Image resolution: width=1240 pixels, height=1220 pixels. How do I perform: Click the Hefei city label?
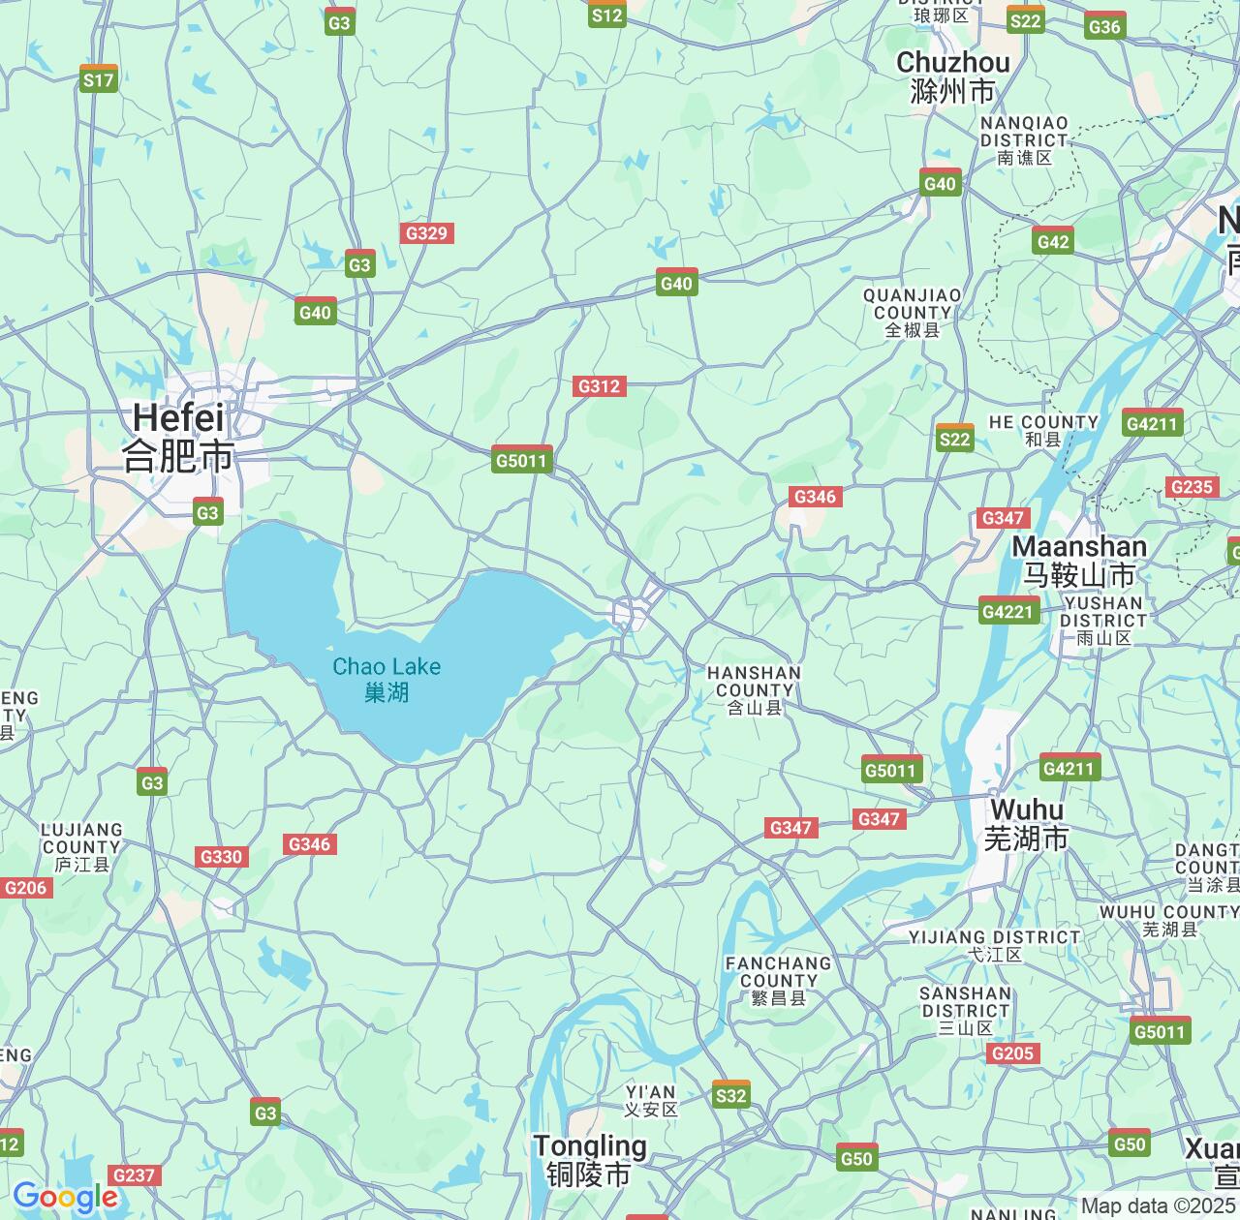pyautogui.click(x=178, y=436)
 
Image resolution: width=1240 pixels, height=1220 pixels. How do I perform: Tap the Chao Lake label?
pyautogui.click(x=387, y=679)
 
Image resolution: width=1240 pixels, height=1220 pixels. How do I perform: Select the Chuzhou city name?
pyautogui.click(x=953, y=76)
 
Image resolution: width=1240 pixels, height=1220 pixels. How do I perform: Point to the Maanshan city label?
pyautogui.click(x=1079, y=561)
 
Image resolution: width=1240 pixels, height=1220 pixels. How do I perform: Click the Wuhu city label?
pyautogui.click(x=1027, y=824)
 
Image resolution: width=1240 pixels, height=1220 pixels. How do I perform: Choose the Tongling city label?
pyautogui.click(x=590, y=1160)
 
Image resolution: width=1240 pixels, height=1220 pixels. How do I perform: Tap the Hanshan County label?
pyautogui.click(x=754, y=689)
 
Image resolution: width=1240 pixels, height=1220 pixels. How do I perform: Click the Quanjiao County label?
pyautogui.click(x=913, y=312)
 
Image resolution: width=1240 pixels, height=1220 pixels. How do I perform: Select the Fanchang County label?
pyautogui.click(x=778, y=980)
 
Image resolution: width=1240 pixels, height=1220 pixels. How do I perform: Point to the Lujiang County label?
pyautogui.click(x=81, y=846)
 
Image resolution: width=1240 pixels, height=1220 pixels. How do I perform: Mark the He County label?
pyautogui.click(x=1043, y=430)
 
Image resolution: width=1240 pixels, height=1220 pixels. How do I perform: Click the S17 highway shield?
pyautogui.click(x=98, y=79)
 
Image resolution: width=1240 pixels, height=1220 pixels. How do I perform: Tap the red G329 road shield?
pyautogui.click(x=426, y=233)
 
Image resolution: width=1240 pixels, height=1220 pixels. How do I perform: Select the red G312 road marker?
pyautogui.click(x=599, y=386)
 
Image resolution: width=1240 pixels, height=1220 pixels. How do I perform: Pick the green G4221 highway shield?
pyautogui.click(x=1008, y=611)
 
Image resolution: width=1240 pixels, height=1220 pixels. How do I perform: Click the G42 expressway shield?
pyautogui.click(x=1053, y=242)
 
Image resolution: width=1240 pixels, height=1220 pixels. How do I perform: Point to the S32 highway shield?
pyautogui.click(x=730, y=1094)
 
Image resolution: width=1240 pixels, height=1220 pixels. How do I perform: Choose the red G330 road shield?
pyautogui.click(x=221, y=857)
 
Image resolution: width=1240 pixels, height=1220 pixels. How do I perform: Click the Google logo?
pyautogui.click(x=64, y=1198)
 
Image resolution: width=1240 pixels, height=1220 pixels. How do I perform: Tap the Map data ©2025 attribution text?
pyautogui.click(x=1158, y=1206)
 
